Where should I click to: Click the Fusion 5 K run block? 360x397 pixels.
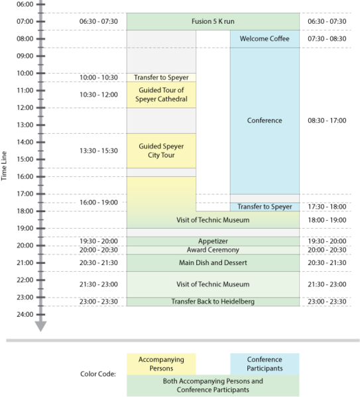(213, 22)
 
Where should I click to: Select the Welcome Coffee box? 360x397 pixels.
(265, 39)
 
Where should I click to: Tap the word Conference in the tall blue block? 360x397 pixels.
(265, 121)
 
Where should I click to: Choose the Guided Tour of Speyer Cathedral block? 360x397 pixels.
(161, 95)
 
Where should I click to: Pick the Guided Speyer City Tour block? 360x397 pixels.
(161, 150)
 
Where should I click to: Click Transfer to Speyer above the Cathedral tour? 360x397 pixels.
(161, 77)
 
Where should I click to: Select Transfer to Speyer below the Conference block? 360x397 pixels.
(265, 207)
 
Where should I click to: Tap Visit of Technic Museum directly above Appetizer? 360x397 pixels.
(213, 220)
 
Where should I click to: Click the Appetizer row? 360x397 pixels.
(213, 241)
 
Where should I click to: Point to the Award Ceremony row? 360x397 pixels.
(213, 250)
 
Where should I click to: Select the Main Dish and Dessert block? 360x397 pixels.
(213, 263)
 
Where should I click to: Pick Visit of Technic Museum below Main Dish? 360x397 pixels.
(213, 284)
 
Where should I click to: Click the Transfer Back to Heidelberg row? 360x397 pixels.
(213, 302)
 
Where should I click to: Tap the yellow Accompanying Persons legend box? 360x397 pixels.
(161, 364)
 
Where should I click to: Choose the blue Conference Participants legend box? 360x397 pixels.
(265, 364)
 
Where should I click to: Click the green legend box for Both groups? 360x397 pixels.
(213, 386)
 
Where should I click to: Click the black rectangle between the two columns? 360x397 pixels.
(213, 119)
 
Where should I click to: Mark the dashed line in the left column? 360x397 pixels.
(161, 48)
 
